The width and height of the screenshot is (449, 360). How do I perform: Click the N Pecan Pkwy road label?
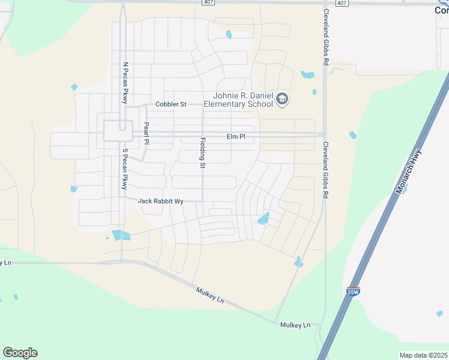pos(125,83)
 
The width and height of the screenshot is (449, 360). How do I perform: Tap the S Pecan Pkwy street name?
pos(125,169)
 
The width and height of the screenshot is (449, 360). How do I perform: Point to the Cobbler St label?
pos(170,104)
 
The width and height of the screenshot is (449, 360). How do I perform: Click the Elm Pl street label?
pos(236,137)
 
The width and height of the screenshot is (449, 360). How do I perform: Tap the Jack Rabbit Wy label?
pos(160,202)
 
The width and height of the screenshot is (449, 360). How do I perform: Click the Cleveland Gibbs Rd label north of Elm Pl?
pos(326,37)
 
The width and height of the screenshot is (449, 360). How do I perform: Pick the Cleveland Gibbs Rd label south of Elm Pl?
pos(326,170)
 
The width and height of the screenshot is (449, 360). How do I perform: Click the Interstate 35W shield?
pos(352,292)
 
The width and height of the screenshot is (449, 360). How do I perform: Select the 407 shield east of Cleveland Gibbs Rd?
pos(341,3)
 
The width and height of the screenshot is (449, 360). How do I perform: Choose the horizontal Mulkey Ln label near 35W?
pos(295,325)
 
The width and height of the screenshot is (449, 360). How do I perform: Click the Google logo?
pos(20,353)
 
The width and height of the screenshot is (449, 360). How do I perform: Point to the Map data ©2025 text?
pos(423,355)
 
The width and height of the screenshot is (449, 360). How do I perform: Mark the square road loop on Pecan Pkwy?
pos(117,131)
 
